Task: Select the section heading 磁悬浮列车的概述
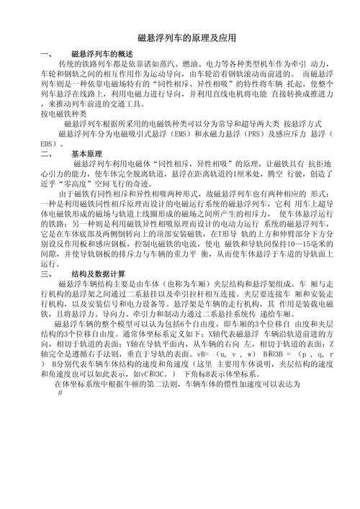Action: (102, 54)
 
